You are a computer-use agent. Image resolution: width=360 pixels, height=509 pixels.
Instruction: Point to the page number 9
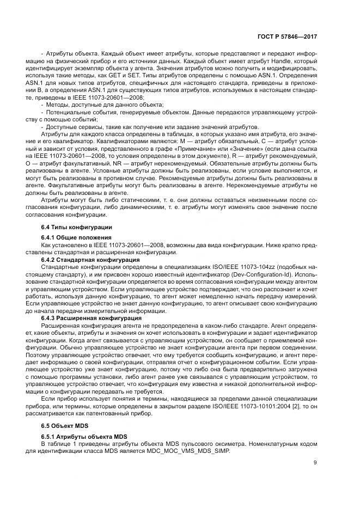coord(315,463)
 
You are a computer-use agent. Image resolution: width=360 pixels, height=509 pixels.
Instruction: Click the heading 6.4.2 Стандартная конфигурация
coord(90,260)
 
